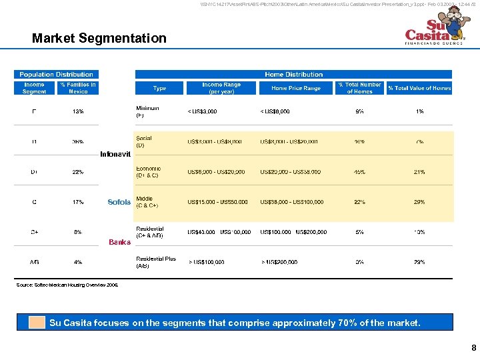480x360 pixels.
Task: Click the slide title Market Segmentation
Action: [99, 38]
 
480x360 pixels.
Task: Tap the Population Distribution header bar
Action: [57, 74]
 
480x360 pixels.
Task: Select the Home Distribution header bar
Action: [293, 74]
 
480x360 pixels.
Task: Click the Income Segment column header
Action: [35, 88]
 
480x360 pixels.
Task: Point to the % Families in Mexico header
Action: [78, 88]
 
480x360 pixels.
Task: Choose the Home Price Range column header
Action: [295, 88]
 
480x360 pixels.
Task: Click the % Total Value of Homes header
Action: [419, 88]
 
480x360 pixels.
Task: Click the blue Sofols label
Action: [119, 202]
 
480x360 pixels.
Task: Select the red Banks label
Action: [120, 242]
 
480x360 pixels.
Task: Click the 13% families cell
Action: [78, 111]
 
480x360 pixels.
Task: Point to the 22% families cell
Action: [78, 172]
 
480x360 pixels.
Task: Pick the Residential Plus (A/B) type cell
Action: [156, 262]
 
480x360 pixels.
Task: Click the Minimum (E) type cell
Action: [147, 111]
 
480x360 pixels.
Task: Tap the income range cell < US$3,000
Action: [202, 111]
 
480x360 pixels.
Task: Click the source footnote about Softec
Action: [67, 285]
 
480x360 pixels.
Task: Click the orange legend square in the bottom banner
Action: [37, 323]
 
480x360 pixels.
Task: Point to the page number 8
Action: [473, 348]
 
